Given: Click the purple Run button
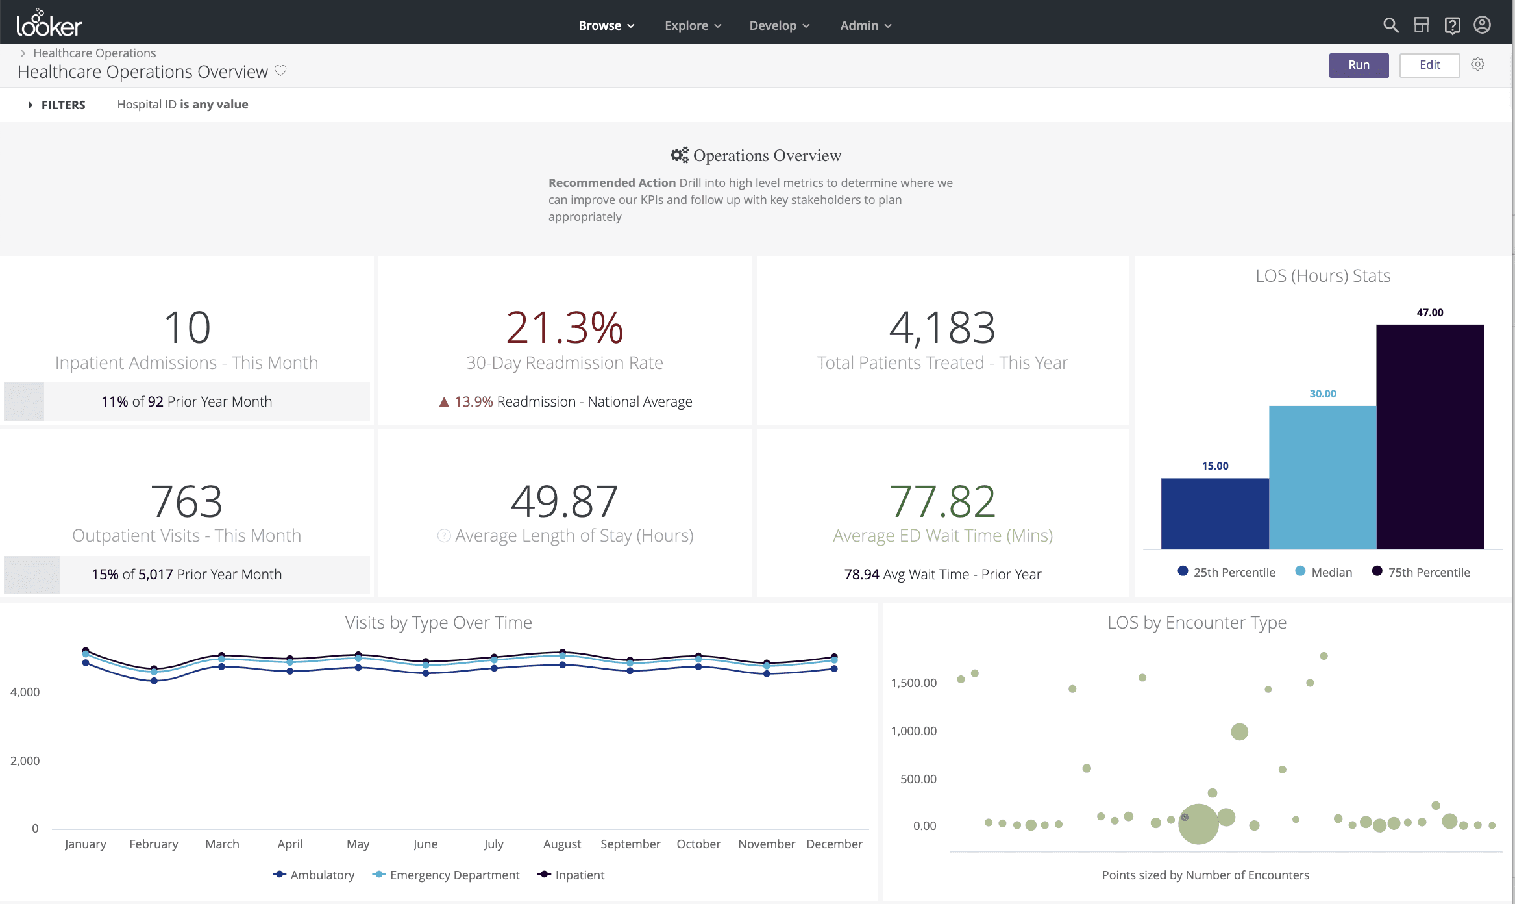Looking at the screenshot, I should click(x=1358, y=65).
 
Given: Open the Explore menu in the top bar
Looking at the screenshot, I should click(x=692, y=25).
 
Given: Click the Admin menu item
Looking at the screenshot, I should click(x=865, y=25).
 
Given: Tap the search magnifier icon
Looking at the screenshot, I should click(x=1390, y=25).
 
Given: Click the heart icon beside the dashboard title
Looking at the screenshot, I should click(x=280, y=70).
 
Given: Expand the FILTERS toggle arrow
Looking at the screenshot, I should click(x=30, y=105).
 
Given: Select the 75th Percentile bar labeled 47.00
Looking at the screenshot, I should click(x=1429, y=436).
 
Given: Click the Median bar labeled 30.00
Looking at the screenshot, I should click(x=1322, y=477).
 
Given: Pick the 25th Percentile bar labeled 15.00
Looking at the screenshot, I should click(x=1214, y=513).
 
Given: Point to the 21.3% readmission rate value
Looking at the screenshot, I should click(x=564, y=327).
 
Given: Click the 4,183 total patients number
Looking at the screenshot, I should click(x=942, y=327).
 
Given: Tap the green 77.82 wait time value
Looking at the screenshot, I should click(x=942, y=501).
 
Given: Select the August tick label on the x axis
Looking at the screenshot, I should click(x=562, y=844).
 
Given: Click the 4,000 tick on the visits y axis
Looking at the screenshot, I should click(x=25, y=692).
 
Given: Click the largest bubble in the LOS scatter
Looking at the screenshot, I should click(x=1198, y=823).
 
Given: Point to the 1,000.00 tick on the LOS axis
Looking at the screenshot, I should click(x=913, y=731).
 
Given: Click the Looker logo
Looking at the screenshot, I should click(x=49, y=24).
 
